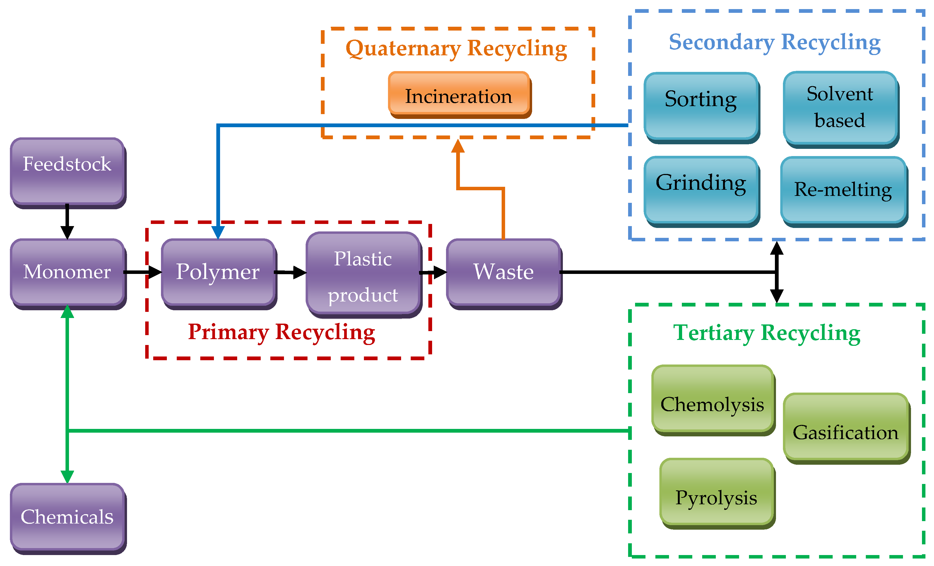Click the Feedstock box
[67, 172]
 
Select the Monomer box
[67, 272]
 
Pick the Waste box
[503, 272]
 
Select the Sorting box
[701, 106]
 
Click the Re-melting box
[843, 190]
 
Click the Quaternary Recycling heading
[456, 48]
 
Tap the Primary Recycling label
[282, 332]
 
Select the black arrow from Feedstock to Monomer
[67, 221]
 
